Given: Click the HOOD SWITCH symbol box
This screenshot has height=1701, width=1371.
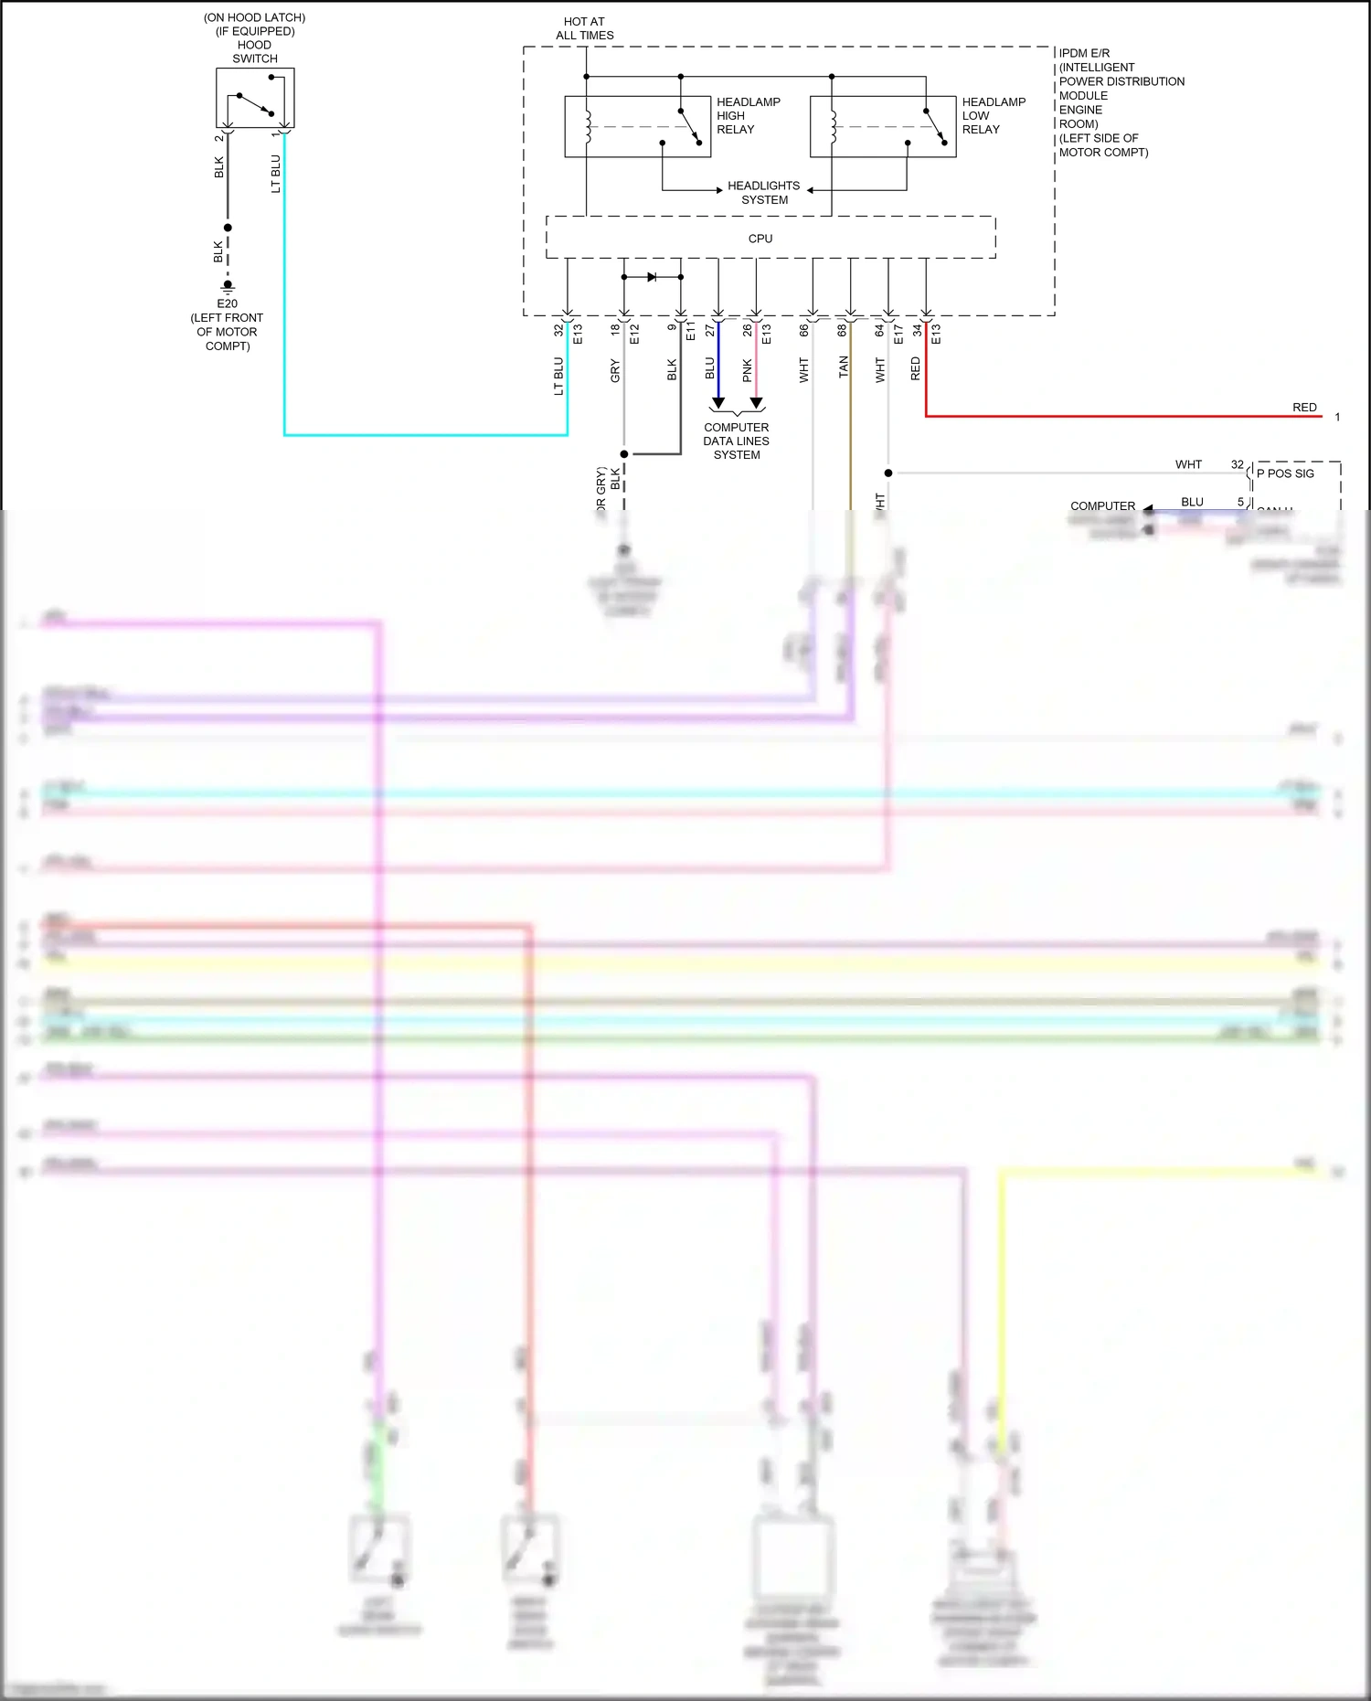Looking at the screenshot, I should [255, 98].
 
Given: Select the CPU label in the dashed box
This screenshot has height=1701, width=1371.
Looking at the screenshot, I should [760, 239].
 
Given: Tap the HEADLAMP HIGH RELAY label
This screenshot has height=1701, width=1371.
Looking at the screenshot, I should [748, 116].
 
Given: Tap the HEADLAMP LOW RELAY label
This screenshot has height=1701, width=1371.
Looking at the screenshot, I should [993, 116].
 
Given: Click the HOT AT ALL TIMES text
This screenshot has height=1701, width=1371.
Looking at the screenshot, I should [585, 28].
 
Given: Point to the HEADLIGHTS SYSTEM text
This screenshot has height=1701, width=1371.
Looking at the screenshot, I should [763, 193].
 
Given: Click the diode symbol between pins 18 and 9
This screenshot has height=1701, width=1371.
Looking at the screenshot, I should [652, 277].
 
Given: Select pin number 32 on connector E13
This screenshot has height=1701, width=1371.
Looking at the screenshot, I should [558, 330].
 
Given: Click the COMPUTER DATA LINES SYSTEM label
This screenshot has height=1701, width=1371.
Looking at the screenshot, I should [736, 441].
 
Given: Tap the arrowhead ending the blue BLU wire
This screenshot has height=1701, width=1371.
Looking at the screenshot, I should [718, 403].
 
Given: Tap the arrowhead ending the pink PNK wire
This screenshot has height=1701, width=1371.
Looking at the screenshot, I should [756, 403].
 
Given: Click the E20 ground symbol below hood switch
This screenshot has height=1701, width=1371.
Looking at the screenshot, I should [228, 287].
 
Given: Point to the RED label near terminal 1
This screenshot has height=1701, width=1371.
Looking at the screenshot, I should [1304, 408].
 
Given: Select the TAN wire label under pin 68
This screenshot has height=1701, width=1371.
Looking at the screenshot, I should [843, 367].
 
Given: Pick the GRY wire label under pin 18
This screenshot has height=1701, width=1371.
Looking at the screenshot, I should [615, 371].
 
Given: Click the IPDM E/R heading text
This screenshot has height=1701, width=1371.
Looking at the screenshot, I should [1084, 53].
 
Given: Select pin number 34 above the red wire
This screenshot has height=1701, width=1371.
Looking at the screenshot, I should [917, 330].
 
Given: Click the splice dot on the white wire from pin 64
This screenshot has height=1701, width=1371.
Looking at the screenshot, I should [888, 473].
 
